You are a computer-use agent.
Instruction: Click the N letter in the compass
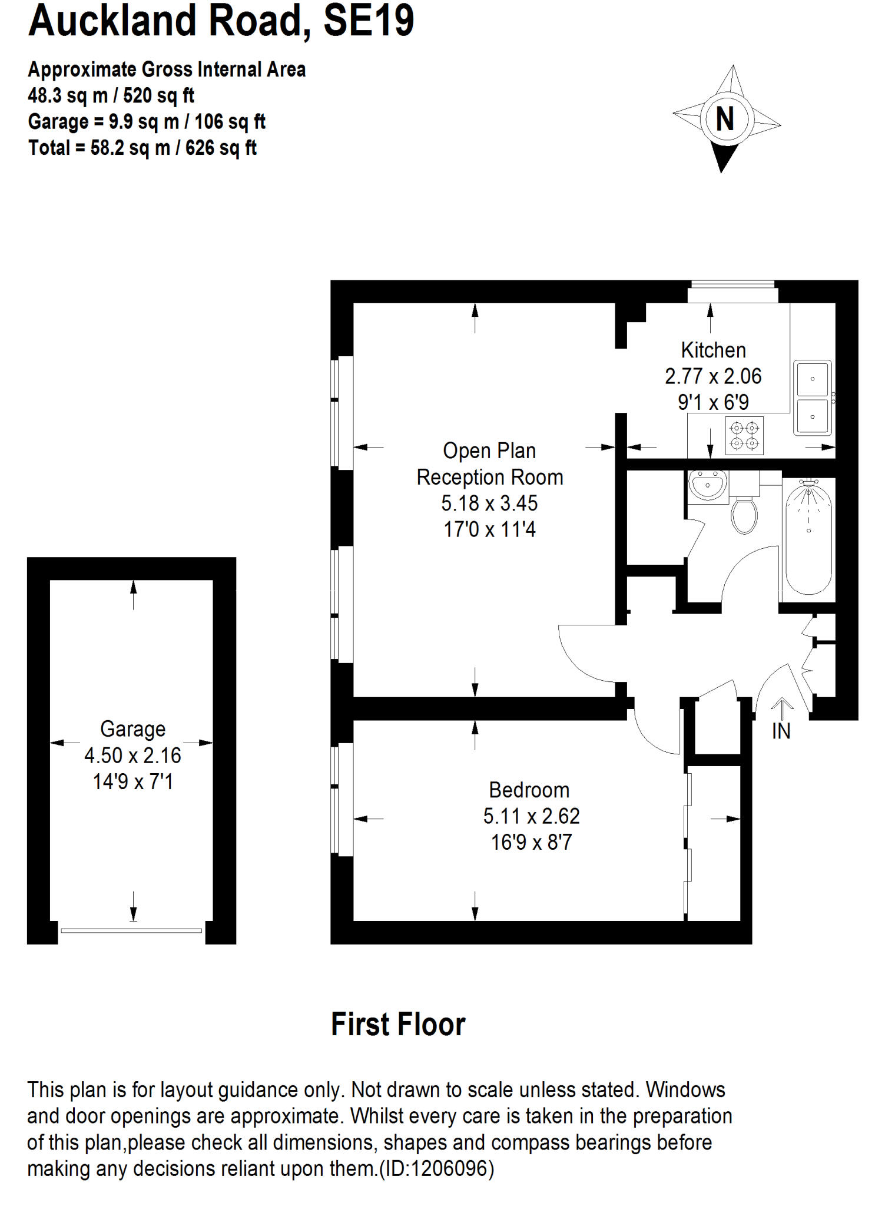725,119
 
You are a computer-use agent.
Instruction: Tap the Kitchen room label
713,350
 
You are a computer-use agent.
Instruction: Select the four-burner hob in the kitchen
744,436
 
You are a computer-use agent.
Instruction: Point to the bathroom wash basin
708,486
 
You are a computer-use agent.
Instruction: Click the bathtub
808,536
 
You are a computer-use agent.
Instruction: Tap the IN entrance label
781,731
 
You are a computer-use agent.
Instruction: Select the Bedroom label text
529,790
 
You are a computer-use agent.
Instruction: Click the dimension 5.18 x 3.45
489,503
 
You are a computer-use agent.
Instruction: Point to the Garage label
132,729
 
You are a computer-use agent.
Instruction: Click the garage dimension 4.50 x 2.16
132,756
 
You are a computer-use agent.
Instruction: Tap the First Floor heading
398,1025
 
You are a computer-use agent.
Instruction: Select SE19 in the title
369,21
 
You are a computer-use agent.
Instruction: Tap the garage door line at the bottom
131,930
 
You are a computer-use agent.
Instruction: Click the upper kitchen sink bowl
812,379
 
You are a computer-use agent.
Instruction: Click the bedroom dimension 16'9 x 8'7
531,842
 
